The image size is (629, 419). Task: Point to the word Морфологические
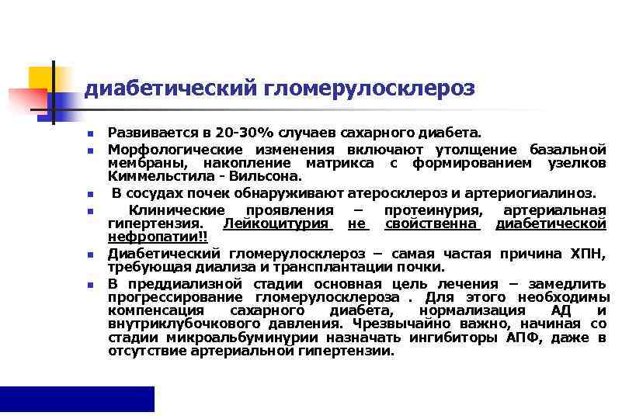click(165, 149)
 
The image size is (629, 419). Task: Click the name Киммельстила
click(152, 177)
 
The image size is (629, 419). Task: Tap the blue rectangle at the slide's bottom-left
click(77, 399)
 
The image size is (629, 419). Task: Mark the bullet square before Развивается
click(90, 135)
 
